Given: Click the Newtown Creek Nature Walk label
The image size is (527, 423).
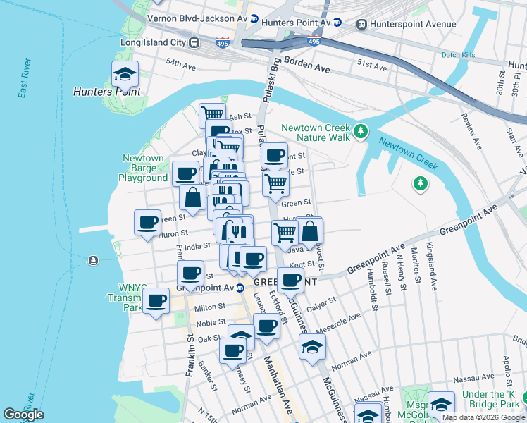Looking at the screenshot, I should point(316,132).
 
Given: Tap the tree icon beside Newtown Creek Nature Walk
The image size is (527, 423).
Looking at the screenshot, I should point(361,130).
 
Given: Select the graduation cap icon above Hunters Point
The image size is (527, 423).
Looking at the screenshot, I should point(125,73).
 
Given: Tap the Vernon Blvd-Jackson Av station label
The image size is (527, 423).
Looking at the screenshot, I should point(197,16).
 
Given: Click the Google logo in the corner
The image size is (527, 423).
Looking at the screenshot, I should point(23,415).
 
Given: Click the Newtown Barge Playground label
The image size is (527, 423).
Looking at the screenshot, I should point(144,168).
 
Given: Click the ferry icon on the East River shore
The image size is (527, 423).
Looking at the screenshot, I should point(94,261).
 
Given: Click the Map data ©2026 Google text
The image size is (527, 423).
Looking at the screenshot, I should point(483,417).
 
